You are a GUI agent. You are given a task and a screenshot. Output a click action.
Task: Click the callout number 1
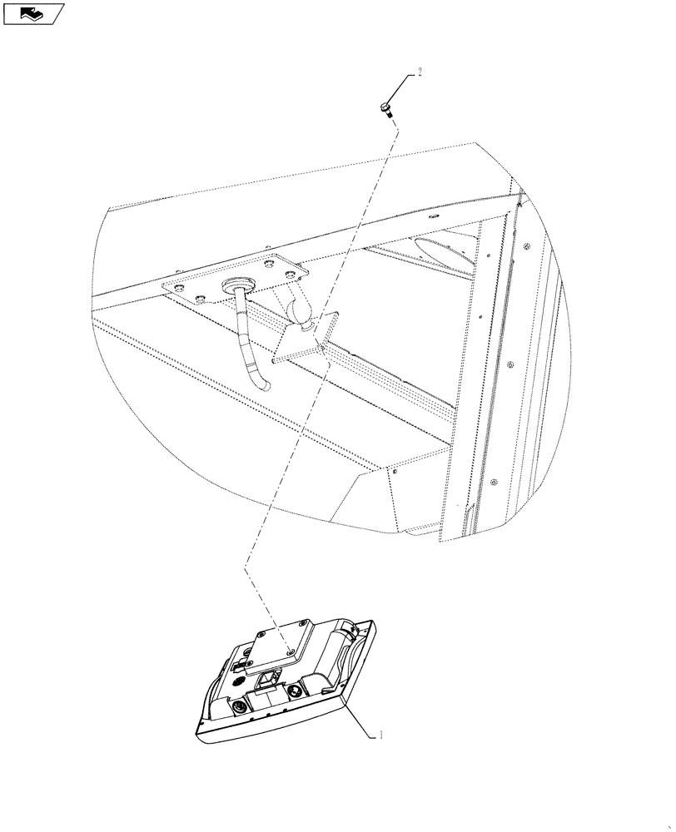point(381,735)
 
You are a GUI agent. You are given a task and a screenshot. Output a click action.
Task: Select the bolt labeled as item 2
point(387,107)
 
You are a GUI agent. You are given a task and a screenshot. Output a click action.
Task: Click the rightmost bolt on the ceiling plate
point(290,274)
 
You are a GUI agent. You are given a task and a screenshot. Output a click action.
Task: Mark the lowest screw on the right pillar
point(494,483)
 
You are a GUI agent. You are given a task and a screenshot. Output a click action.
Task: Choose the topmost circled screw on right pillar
point(528,246)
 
